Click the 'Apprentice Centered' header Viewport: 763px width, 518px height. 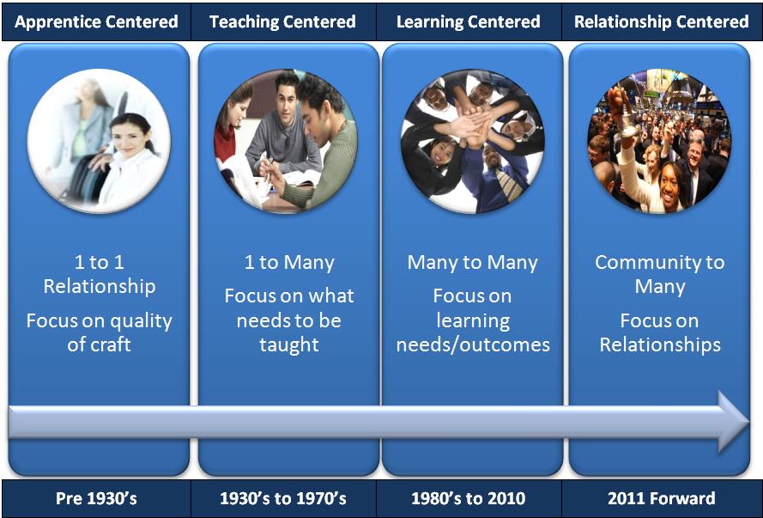[96, 22]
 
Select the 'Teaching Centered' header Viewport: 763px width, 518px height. [282, 22]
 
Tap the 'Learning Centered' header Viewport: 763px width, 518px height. [468, 22]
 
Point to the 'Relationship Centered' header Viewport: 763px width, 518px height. [662, 22]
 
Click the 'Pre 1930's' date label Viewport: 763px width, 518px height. [96, 498]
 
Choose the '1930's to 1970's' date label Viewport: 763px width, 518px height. [283, 498]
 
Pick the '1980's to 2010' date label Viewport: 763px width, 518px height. [468, 498]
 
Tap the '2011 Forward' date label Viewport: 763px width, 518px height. [662, 498]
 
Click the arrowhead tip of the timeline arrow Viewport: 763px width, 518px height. [749, 422]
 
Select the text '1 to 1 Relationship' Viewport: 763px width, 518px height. [100, 274]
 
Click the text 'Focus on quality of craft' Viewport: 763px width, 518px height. [100, 332]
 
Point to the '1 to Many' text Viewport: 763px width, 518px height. [289, 262]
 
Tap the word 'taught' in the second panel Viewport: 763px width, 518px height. [289, 344]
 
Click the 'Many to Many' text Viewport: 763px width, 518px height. [473, 262]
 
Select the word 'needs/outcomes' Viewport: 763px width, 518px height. [473, 344]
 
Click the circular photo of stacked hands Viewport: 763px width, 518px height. [473, 141]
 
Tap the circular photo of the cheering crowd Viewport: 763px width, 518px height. [659, 141]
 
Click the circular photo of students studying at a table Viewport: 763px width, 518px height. [286, 141]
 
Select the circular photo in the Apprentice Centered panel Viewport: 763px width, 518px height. [99, 141]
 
